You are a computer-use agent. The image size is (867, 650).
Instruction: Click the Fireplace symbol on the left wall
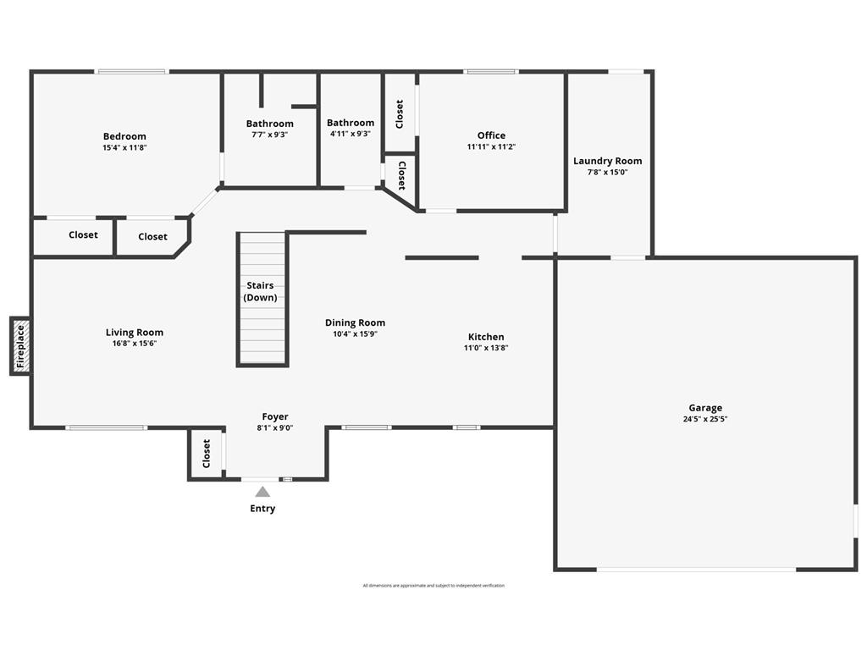20,345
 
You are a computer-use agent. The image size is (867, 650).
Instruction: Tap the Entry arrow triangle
262,492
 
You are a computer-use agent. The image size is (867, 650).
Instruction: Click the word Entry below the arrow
262,509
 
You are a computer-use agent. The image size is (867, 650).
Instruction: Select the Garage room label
705,408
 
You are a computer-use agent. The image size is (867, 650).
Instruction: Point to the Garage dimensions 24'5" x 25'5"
705,419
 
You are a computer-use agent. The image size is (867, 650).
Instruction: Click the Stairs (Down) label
260,291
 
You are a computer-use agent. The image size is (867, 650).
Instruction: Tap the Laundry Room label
607,161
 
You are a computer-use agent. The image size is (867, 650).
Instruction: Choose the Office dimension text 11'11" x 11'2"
491,146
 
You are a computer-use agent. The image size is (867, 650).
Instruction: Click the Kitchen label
486,337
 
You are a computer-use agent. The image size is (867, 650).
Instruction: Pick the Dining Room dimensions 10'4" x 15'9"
355,333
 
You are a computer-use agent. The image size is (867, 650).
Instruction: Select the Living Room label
135,333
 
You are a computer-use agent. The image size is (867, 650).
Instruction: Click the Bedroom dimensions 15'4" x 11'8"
124,147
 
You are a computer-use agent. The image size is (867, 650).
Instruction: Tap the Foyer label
275,416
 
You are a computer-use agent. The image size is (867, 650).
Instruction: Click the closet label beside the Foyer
207,454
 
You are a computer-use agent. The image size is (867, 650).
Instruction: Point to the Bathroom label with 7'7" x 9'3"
269,124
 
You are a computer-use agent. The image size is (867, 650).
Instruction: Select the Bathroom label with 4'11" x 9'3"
351,123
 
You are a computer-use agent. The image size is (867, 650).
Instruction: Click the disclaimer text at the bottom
433,586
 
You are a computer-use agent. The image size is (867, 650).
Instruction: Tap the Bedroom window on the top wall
131,72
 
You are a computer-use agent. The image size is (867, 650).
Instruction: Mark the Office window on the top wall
491,72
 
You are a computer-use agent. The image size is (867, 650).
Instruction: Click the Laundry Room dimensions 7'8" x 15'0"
607,172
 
